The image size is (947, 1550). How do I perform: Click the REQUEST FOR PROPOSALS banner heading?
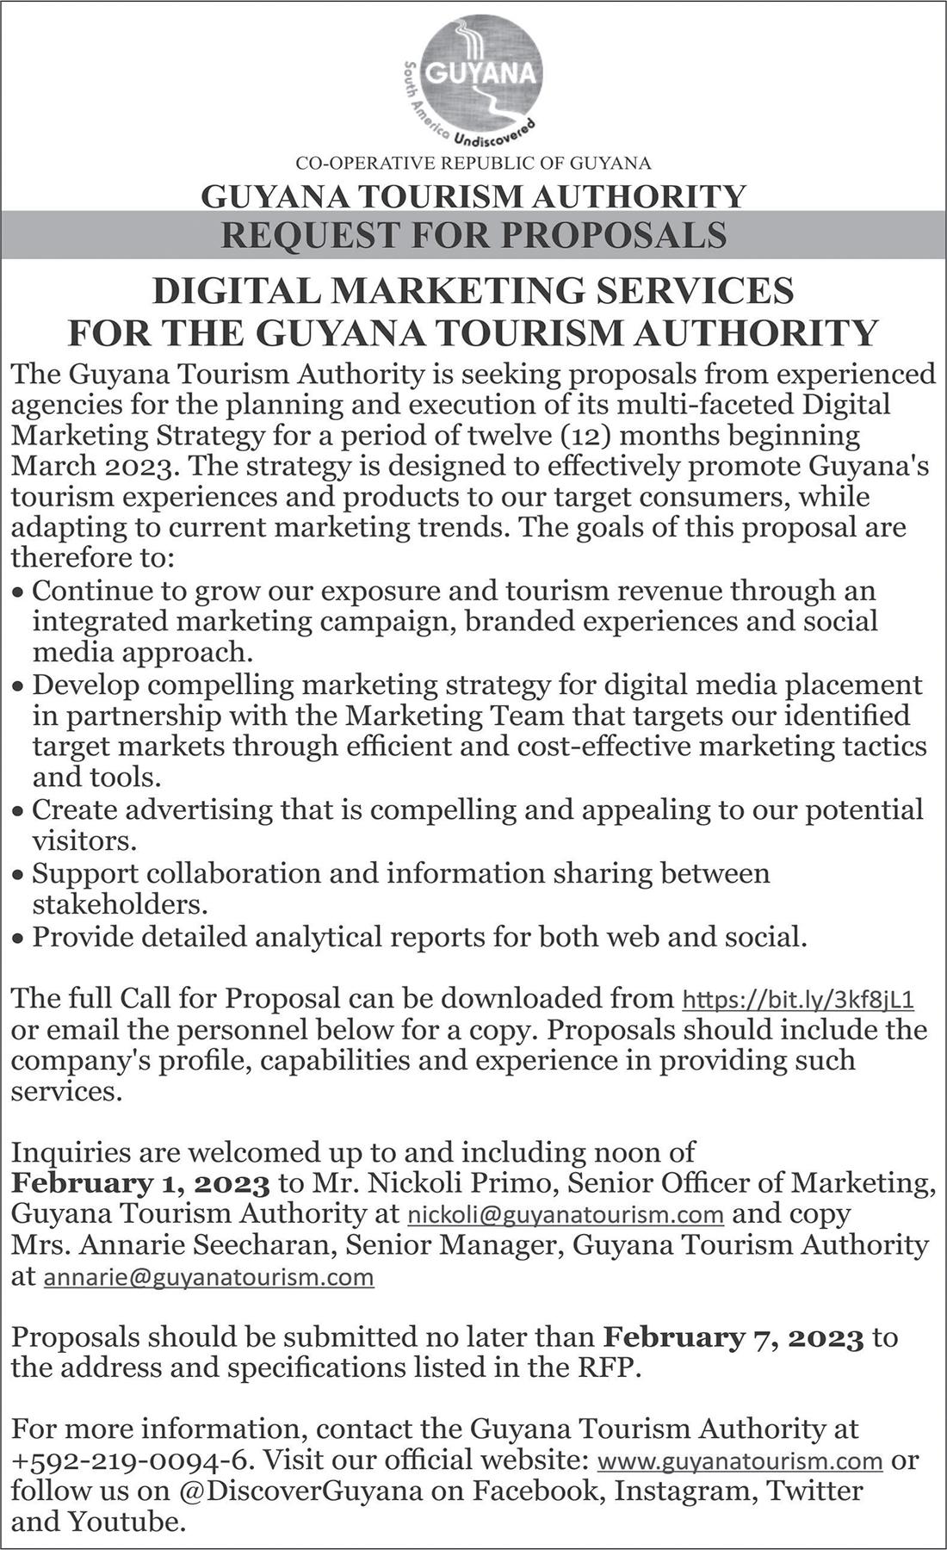click(473, 235)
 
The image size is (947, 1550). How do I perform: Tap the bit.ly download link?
click(797, 1001)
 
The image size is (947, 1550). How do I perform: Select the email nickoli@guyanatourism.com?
click(564, 1215)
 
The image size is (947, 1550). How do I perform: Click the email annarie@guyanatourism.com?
click(208, 1277)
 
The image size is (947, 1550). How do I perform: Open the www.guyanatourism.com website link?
click(740, 1461)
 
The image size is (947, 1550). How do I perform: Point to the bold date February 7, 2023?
click(733, 1338)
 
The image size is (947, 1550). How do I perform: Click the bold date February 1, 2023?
click(140, 1184)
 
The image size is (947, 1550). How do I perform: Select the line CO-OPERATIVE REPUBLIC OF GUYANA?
click(473, 163)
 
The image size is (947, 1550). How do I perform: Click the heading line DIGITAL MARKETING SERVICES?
click(473, 291)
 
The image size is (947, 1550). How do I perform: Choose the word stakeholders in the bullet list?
click(120, 906)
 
